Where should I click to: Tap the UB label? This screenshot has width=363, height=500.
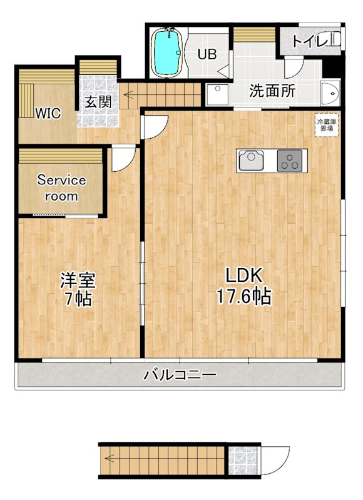(x=207, y=54)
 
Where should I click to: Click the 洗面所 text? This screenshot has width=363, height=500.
(x=272, y=90)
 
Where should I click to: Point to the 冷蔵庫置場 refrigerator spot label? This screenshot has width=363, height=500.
(x=327, y=124)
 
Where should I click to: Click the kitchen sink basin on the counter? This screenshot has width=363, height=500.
(x=253, y=162)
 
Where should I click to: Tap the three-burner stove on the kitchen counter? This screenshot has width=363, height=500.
(x=290, y=162)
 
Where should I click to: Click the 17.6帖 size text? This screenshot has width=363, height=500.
(x=243, y=296)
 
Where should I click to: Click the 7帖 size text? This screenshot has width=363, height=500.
(x=77, y=299)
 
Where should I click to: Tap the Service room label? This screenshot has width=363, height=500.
(x=61, y=187)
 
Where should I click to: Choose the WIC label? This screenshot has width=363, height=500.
(x=48, y=113)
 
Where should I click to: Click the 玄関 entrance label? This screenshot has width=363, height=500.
(x=98, y=101)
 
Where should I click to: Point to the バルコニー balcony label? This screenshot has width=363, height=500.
(x=180, y=376)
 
